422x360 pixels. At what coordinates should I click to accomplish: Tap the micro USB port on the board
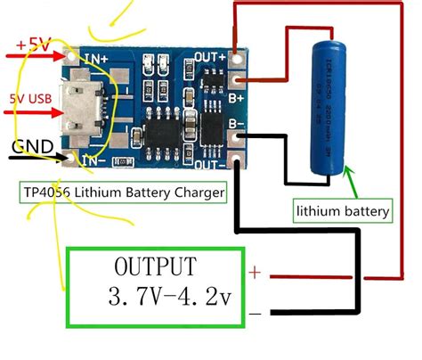point(84,113)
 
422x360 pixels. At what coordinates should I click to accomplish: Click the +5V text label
point(35,43)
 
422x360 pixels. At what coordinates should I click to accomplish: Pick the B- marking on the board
point(214,126)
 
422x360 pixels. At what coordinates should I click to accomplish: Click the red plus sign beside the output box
point(255,273)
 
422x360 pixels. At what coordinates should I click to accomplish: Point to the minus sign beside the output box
point(256,312)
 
